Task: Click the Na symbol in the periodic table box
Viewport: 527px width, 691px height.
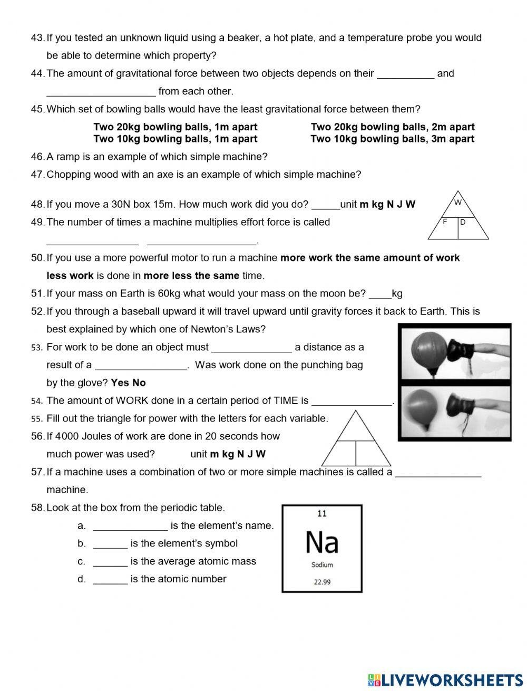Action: [x=322, y=542]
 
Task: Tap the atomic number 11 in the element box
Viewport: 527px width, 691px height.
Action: [x=322, y=513]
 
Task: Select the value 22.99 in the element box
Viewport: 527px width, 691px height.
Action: [x=322, y=582]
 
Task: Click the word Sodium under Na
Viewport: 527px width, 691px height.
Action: [x=322, y=565]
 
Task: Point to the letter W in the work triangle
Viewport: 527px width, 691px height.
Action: [x=457, y=203]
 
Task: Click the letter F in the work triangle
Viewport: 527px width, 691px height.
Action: [x=445, y=222]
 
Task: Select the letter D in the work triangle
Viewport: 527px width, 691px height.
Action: [x=463, y=222]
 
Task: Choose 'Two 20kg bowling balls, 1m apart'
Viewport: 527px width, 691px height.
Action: [x=175, y=127]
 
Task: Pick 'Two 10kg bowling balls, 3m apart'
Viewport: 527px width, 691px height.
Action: [x=392, y=139]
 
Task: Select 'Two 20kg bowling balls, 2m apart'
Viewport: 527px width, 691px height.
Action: [x=392, y=127]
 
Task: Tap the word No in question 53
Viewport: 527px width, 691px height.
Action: [x=139, y=382]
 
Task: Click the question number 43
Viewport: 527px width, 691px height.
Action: [x=37, y=37]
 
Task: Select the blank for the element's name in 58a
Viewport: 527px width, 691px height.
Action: [x=130, y=526]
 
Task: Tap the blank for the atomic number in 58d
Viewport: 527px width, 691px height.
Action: [x=110, y=579]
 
